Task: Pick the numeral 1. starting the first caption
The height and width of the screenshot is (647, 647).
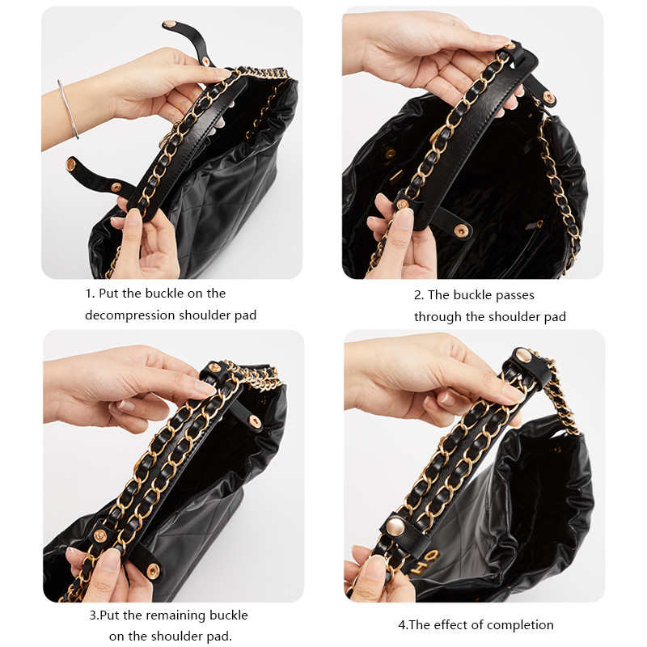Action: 90,294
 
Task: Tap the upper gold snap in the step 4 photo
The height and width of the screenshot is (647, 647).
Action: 523,356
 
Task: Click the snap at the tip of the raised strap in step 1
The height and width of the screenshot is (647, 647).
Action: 171,26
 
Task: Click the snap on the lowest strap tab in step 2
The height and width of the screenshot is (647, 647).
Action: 464,228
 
